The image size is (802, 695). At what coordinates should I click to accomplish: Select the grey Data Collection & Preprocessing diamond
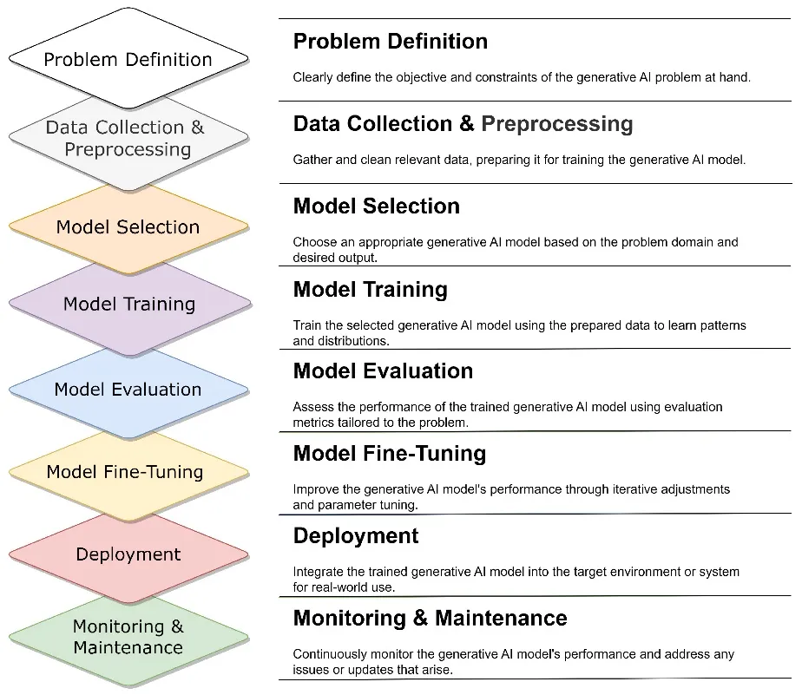[128, 139]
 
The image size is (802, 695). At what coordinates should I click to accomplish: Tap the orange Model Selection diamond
[128, 226]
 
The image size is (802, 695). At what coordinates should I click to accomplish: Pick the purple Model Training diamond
[128, 304]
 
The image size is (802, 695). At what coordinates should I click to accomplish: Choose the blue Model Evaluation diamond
[128, 389]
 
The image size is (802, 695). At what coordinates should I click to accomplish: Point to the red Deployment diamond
[128, 554]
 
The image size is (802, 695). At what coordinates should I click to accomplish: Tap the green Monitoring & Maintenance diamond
[128, 637]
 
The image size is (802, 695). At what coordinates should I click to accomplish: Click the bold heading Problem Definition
[390, 41]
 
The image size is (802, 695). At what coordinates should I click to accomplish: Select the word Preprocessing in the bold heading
[556, 123]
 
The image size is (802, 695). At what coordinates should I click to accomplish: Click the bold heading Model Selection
[376, 206]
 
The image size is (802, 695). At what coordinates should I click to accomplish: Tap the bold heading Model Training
[370, 288]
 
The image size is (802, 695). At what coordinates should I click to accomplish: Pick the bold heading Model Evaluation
[383, 370]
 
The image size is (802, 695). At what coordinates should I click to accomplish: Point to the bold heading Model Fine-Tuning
[389, 453]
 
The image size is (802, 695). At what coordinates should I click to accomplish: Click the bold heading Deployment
[356, 535]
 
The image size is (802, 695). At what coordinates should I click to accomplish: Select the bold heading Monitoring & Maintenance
[430, 618]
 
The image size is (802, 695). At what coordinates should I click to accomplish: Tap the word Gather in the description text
[312, 159]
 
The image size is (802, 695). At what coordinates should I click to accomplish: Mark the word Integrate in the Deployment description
[318, 572]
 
